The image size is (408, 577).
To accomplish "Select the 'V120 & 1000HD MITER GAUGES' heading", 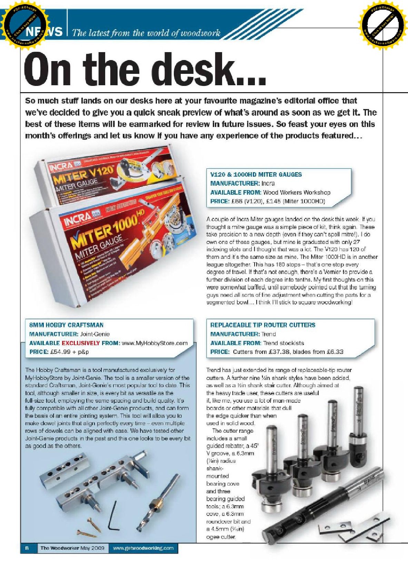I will tap(256, 175).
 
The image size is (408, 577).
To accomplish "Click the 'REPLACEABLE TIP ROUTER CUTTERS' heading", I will tap(263, 325).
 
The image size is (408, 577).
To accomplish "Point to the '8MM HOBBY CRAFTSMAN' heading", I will tap(66, 325).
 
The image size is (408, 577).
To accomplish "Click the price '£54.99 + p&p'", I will tap(69, 352).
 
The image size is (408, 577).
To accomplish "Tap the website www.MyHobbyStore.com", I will tap(155, 343).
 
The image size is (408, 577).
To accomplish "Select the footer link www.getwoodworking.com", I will tap(143, 548).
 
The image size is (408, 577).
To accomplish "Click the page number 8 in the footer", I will tap(26, 548).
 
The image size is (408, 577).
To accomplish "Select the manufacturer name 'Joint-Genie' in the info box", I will tap(95, 334).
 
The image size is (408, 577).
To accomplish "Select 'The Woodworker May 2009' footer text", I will tap(72, 548).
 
